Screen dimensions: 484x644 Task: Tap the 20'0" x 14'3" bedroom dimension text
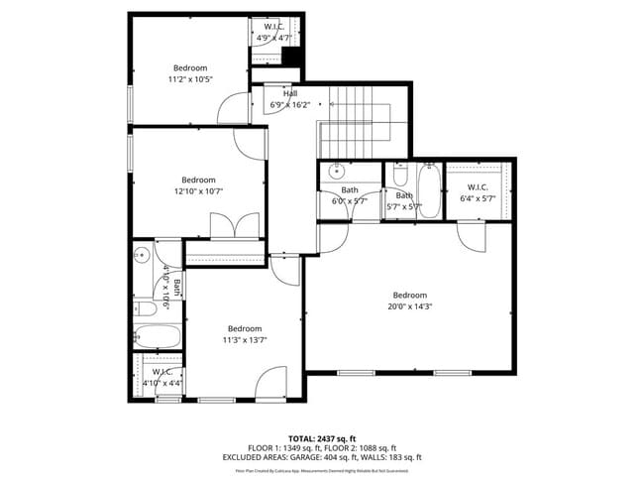tap(409, 306)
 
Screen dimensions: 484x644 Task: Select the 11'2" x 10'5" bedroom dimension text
tap(189, 78)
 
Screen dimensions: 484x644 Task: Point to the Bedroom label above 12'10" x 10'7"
tap(198, 180)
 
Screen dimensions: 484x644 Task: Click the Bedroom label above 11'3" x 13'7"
tap(244, 328)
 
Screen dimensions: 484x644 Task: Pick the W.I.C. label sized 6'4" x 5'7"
tap(478, 186)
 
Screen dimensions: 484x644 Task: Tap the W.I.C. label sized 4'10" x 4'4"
tap(162, 372)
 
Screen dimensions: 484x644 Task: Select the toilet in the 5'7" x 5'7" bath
tap(398, 176)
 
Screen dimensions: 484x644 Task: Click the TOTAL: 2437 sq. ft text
tap(321, 437)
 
